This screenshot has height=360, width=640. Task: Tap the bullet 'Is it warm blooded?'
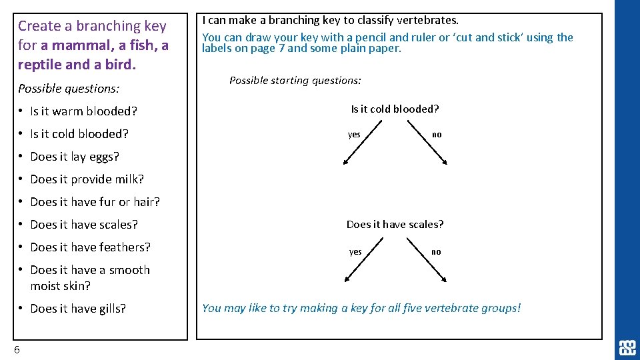pyautogui.click(x=83, y=111)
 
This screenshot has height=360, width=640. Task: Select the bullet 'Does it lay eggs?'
pyautogui.click(x=75, y=157)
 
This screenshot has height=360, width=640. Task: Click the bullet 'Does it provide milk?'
pyautogui.click(x=87, y=179)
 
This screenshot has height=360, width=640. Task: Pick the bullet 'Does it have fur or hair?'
pyautogui.click(x=95, y=202)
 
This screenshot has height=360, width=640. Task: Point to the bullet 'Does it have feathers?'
pyautogui.click(x=90, y=247)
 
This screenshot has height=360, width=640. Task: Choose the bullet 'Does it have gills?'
pyautogui.click(x=78, y=309)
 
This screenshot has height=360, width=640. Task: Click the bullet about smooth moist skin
pyautogui.click(x=90, y=277)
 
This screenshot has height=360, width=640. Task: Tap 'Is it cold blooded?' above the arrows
pyautogui.click(x=395, y=109)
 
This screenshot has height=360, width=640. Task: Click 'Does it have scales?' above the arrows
pyautogui.click(x=395, y=225)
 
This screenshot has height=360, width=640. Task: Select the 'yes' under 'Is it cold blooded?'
pyautogui.click(x=354, y=135)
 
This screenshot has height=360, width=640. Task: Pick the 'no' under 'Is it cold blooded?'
pyautogui.click(x=437, y=135)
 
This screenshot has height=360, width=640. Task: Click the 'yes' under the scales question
pyautogui.click(x=355, y=252)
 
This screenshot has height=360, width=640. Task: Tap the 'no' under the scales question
pyautogui.click(x=436, y=252)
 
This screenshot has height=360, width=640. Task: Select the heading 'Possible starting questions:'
pyautogui.click(x=295, y=81)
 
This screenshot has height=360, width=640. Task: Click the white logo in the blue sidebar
pyautogui.click(x=627, y=347)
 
